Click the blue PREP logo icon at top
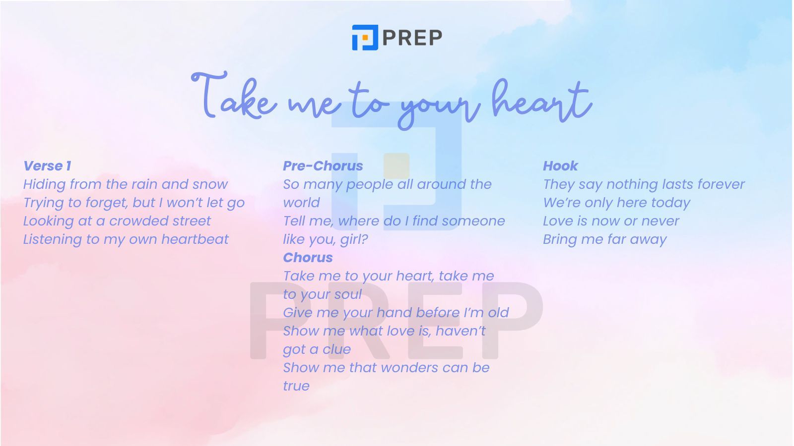click(365, 38)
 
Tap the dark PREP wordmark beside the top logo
click(412, 38)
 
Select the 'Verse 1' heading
click(47, 166)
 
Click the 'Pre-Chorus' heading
click(323, 166)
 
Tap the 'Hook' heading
click(560, 166)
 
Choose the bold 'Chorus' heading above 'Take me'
click(308, 257)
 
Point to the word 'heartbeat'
click(195, 239)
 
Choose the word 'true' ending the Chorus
click(296, 386)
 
